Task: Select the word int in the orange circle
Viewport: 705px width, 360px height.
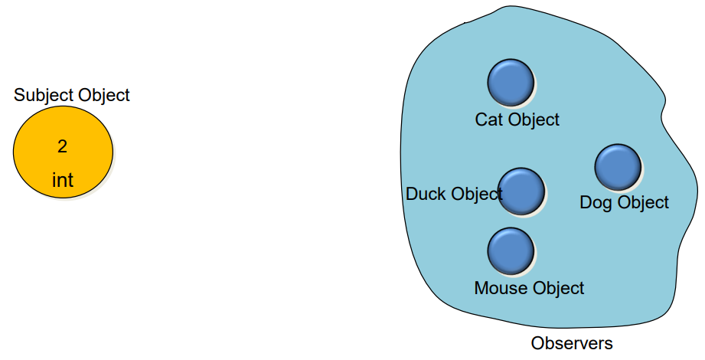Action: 63,181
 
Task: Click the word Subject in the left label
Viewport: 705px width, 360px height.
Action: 42,96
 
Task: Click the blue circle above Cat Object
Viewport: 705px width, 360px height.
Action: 511,82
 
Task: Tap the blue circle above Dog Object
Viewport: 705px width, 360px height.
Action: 618,167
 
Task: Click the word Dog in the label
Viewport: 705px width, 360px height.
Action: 595,203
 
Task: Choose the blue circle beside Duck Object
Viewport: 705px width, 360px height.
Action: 522,191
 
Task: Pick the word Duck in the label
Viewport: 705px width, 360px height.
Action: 425,194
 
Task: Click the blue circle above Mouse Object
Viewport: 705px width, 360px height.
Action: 511,251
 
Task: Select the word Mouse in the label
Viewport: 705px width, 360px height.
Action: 498,289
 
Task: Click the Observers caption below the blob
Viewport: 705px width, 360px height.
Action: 572,343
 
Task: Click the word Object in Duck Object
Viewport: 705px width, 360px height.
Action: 475,194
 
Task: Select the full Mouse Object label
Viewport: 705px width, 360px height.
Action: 529,289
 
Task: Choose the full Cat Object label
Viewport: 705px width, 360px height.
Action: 517,119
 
